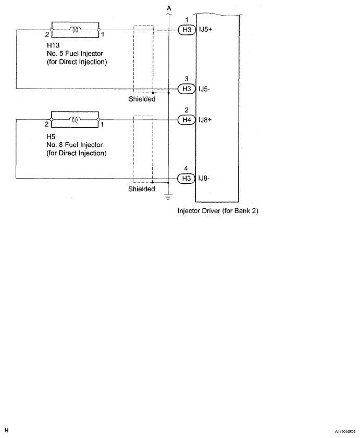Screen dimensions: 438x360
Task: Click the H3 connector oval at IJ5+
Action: [186, 30]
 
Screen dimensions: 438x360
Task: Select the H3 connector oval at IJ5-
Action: [186, 89]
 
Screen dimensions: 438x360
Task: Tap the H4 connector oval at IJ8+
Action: [186, 120]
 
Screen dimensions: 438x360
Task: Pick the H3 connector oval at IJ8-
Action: [186, 179]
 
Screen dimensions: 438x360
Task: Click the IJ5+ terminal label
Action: [205, 30]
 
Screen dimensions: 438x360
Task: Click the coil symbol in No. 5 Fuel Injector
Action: [75, 30]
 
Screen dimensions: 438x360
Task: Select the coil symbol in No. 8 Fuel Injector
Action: [75, 120]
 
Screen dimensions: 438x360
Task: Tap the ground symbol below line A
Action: [168, 197]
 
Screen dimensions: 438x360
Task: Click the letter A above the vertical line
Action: [168, 8]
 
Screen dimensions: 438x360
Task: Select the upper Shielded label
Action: [142, 99]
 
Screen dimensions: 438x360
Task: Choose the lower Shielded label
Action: [142, 189]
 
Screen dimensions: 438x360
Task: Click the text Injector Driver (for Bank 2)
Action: [218, 211]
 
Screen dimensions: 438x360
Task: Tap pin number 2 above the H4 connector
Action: [186, 110]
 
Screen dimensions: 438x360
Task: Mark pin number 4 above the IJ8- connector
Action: [186, 168]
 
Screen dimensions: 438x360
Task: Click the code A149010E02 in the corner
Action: [344, 432]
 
